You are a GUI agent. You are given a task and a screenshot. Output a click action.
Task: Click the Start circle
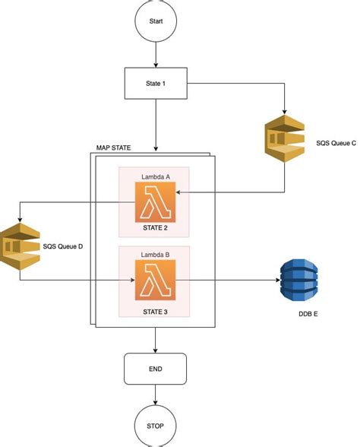[156, 23]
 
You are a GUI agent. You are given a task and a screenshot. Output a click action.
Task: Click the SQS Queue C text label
[336, 143]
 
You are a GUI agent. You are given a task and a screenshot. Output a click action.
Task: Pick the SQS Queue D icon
[19, 245]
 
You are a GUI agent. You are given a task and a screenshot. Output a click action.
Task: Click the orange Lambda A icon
[155, 203]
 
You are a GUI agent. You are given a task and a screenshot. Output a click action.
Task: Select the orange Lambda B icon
[155, 279]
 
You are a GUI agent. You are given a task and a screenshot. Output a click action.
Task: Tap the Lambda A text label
[156, 177]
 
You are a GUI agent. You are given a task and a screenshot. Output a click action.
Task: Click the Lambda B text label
[156, 253]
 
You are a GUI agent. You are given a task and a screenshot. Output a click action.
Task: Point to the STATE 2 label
[155, 227]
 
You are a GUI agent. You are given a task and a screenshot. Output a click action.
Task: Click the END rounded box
[156, 369]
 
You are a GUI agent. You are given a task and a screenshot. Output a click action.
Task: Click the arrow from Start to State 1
[156, 54]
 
